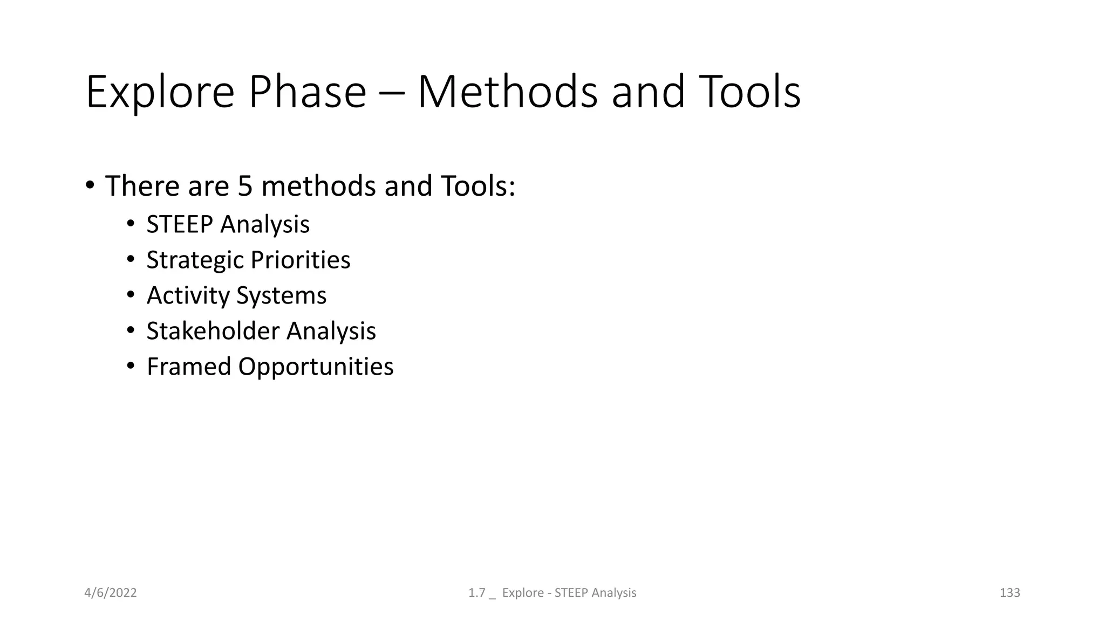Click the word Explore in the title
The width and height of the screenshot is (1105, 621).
tap(160, 93)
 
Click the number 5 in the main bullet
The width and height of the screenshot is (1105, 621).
tap(244, 185)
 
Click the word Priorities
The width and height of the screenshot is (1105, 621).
tap(301, 260)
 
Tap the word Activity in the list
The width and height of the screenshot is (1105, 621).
tap(188, 296)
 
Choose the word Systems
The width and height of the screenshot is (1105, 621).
tap(281, 296)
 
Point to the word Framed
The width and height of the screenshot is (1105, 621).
tap(189, 367)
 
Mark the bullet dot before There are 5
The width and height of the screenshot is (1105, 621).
tap(90, 185)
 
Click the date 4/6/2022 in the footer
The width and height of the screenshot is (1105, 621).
tap(111, 593)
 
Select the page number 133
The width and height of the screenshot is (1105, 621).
tap(1009, 593)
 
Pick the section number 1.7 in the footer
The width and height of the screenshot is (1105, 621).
tap(476, 593)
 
